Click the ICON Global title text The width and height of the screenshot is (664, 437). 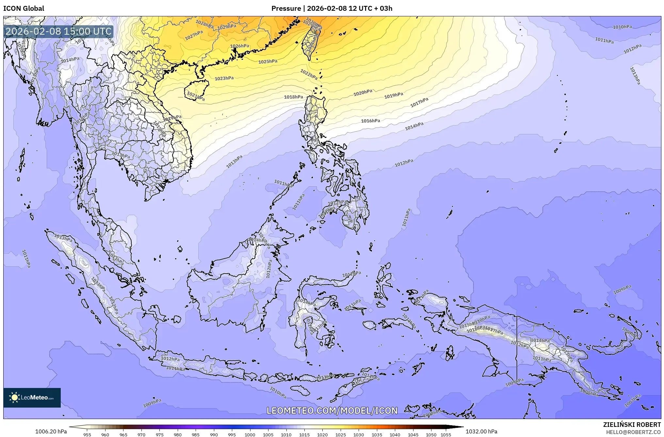(x=24, y=8)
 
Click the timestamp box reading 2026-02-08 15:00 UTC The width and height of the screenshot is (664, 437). (x=58, y=32)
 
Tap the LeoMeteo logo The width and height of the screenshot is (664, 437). (x=32, y=397)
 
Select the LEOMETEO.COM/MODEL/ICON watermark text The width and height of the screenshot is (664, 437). (x=332, y=411)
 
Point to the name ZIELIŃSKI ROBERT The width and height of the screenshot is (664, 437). (x=632, y=425)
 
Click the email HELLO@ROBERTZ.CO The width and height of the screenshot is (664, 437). (x=633, y=432)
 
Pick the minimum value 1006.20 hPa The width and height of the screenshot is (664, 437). (x=51, y=431)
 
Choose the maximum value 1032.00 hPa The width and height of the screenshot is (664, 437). (x=481, y=431)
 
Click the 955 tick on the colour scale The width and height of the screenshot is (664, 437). (x=87, y=435)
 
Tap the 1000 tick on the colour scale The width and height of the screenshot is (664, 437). (x=250, y=435)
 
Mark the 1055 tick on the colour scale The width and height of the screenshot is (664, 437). (x=446, y=435)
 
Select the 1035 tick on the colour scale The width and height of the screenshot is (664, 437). (x=377, y=435)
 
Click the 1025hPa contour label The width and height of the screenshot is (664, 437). (x=268, y=61)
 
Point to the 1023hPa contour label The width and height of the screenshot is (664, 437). (x=224, y=78)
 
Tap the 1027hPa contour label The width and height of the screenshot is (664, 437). (x=194, y=35)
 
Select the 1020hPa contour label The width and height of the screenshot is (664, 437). (x=363, y=93)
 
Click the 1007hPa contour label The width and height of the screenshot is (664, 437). (x=632, y=400)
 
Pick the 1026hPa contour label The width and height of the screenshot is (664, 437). (x=240, y=46)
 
